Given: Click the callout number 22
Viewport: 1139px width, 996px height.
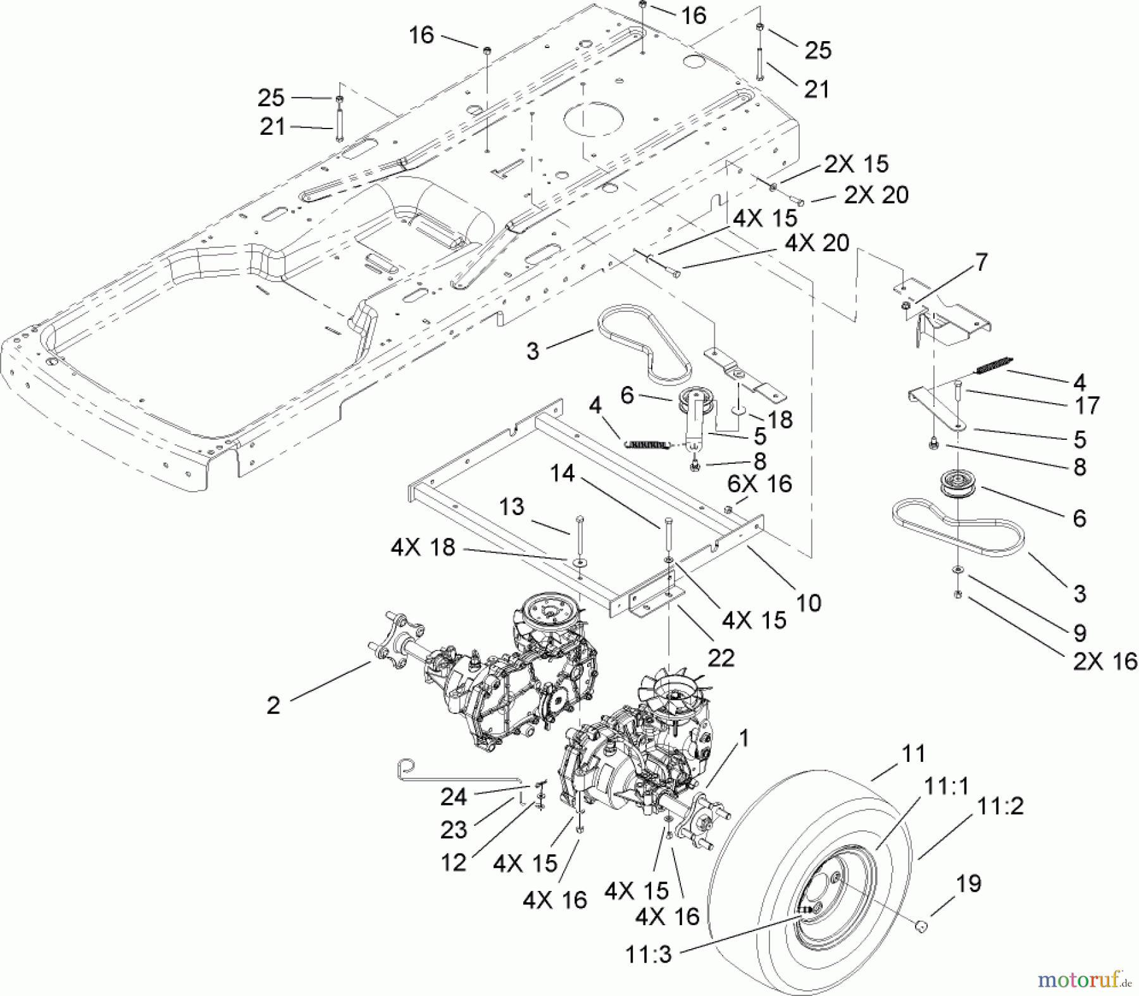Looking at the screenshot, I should tap(721, 658).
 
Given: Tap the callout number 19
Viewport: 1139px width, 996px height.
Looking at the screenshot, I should tap(969, 883).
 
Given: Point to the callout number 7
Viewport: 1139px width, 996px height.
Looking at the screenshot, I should tap(981, 262).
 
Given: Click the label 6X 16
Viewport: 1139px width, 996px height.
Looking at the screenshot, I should tap(760, 483).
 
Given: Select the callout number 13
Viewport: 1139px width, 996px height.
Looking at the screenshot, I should tap(511, 507).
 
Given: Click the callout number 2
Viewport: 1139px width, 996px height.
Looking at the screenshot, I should tap(273, 705).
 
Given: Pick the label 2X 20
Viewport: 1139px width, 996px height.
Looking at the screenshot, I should tap(876, 195).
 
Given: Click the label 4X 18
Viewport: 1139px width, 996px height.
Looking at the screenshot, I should tap(422, 547).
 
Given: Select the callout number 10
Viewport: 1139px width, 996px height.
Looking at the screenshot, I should tap(809, 602).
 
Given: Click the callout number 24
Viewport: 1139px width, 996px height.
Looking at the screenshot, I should tap(453, 797).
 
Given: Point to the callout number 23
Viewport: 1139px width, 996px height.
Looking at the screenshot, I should tap(453, 830).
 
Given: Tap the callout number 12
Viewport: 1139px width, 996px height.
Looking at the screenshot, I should tap(453, 862).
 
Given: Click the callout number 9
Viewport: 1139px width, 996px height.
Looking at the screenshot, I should tap(1080, 633).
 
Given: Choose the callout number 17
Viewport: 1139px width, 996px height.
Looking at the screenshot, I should tap(1087, 406).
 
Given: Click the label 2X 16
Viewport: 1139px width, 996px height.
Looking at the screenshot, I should tap(1104, 661).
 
